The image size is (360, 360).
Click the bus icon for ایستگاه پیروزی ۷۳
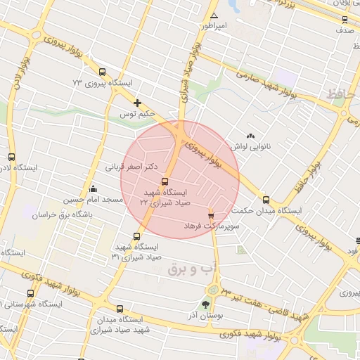tap(103, 72)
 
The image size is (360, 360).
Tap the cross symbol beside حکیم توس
tap(137, 103)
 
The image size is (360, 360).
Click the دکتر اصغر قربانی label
tap(130, 167)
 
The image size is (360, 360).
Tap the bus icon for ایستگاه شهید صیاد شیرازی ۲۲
tap(165, 181)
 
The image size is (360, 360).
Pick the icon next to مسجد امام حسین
tap(94, 188)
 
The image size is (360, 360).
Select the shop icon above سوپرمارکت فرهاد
tap(211, 214)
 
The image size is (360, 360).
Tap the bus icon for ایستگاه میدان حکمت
tap(265, 200)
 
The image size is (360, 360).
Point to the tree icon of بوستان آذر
tap(205, 304)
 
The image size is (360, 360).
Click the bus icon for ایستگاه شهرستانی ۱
tap(30, 293)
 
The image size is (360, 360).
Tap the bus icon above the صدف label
tap(344, 20)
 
